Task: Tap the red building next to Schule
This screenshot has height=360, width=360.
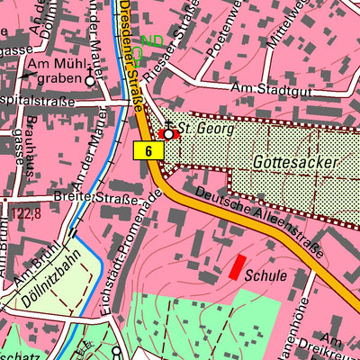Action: pos(237,266)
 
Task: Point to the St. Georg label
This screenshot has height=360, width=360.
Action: pos(204,129)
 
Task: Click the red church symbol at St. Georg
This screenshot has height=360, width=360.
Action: pos(168,133)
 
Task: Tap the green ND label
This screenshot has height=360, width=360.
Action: pos(153,41)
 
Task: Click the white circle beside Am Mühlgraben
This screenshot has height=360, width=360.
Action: pos(89,80)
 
